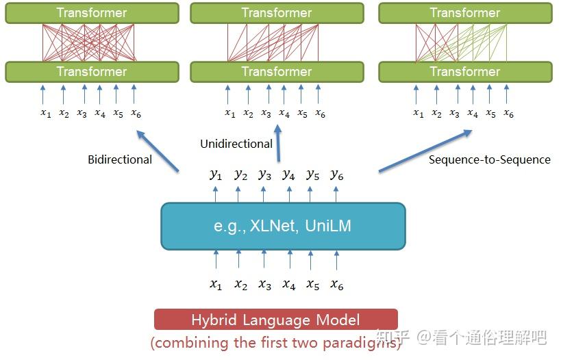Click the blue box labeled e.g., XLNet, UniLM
click(283, 226)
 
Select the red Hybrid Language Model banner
click(275, 320)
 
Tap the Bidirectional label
click(120, 159)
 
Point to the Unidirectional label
click(236, 144)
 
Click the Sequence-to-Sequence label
click(489, 159)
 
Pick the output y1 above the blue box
click(216, 175)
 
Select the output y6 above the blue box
click(336, 175)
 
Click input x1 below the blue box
click(216, 285)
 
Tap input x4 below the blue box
click(288, 285)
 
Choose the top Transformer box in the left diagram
click(92, 13)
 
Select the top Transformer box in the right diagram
click(465, 13)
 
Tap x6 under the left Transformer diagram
click(136, 114)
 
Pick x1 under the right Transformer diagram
click(418, 114)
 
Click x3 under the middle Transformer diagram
click(266, 114)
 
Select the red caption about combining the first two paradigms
click(275, 343)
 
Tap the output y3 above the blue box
click(264, 175)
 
